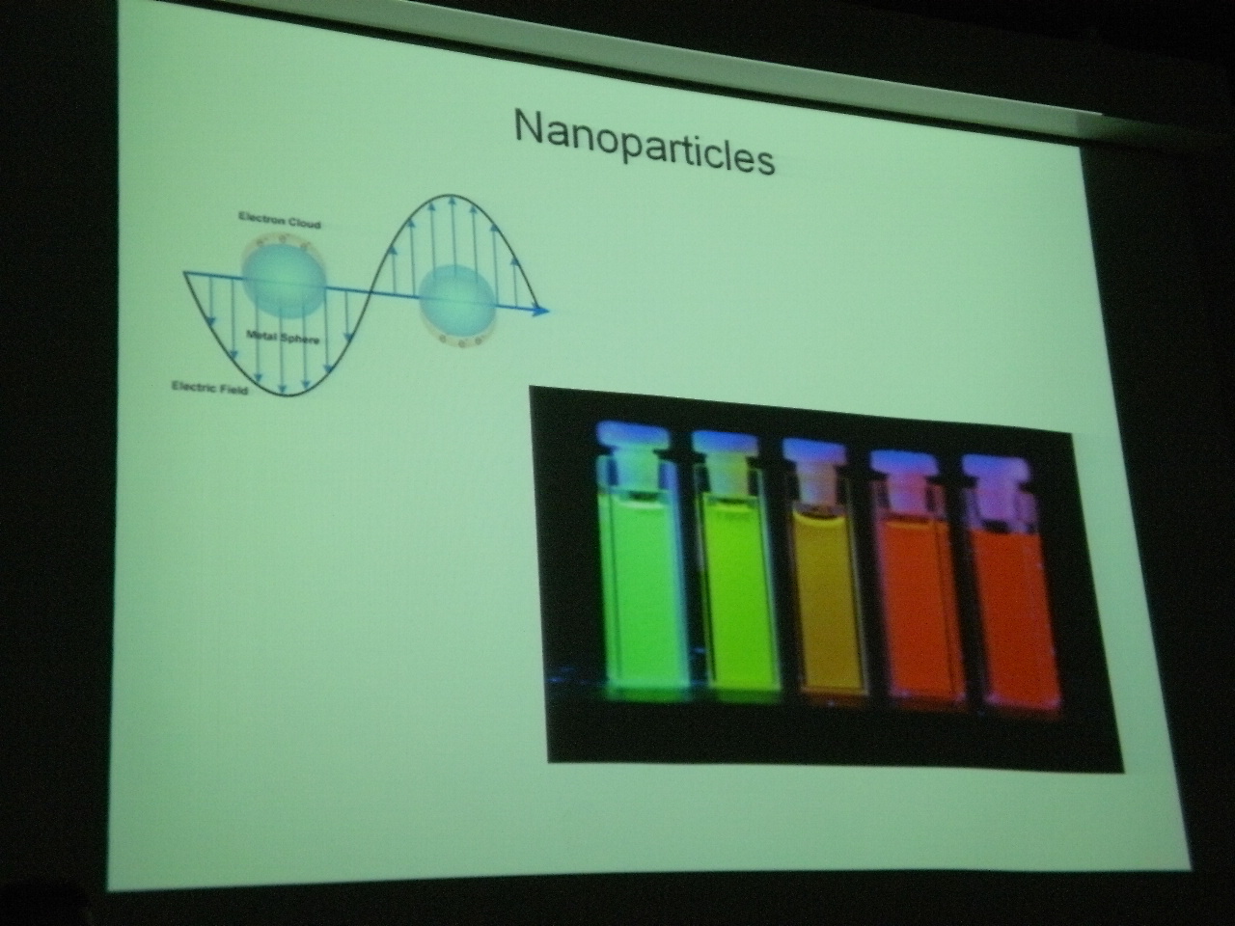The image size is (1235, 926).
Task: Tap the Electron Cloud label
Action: (x=280, y=220)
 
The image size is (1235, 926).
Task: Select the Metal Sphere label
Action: (x=283, y=337)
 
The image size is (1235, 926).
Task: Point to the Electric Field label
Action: (x=209, y=388)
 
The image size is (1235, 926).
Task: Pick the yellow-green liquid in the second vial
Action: (x=736, y=597)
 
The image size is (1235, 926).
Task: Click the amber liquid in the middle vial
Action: (x=827, y=602)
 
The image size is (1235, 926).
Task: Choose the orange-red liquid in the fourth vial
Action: (x=919, y=609)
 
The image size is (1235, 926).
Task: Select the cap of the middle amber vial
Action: (x=813, y=449)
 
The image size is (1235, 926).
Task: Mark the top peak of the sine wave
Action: (x=450, y=196)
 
